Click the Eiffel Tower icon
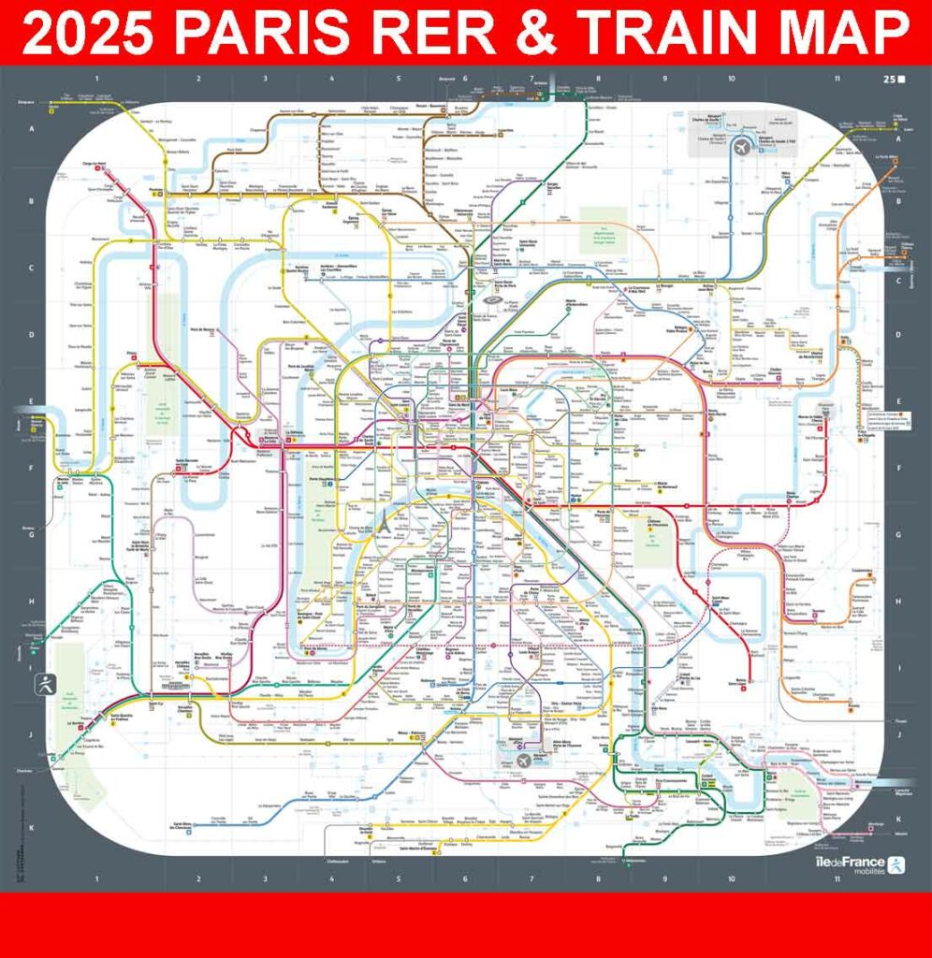382,525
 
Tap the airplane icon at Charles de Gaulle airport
741,147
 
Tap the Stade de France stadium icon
492,301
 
